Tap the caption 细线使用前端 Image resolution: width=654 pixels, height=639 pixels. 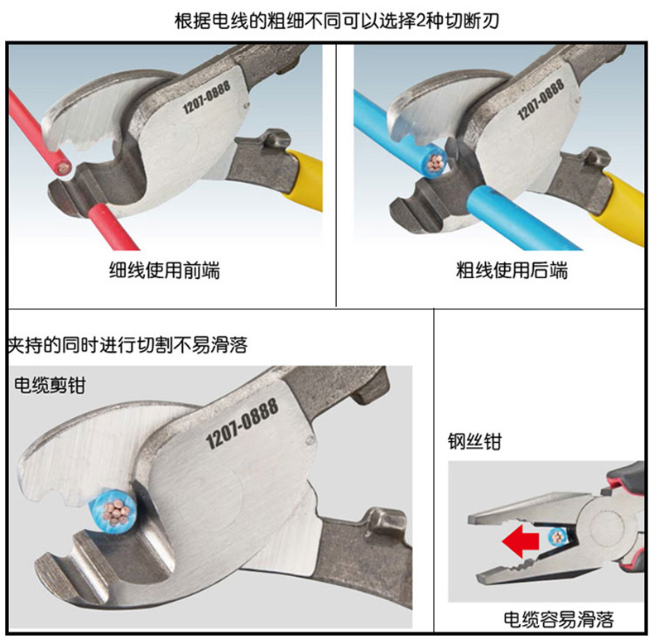(165, 271)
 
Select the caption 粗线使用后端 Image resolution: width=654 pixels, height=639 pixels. (512, 271)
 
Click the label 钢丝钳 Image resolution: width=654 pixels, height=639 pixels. (474, 441)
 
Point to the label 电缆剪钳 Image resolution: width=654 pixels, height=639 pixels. (50, 385)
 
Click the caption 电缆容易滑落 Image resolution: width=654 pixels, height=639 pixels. (559, 619)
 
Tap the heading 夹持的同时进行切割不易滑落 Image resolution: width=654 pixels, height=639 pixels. (127, 345)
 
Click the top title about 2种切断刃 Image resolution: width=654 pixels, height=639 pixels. (337, 21)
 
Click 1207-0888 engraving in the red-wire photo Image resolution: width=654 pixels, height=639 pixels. (206, 98)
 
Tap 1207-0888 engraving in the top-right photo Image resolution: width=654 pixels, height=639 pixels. (541, 99)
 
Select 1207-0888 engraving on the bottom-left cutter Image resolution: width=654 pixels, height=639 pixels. (243, 423)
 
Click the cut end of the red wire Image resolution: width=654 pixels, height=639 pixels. (64, 168)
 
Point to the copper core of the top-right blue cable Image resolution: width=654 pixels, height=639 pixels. (435, 164)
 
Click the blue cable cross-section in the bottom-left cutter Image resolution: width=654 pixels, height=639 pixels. (111, 510)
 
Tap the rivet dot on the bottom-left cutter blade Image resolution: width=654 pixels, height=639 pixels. (310, 440)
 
